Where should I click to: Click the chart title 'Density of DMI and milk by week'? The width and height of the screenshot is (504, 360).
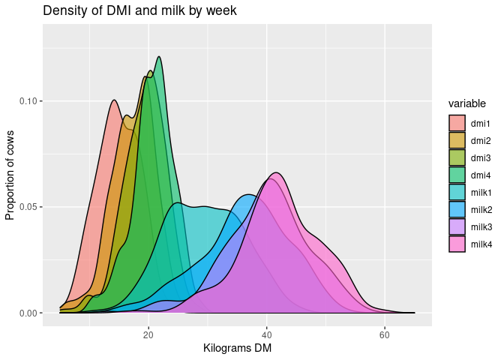coord(140,10)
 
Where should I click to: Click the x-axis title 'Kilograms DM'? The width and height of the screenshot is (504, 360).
coord(237,349)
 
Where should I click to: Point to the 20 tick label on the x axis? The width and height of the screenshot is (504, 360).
coord(148,334)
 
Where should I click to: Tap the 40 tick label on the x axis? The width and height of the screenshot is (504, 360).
coord(266,334)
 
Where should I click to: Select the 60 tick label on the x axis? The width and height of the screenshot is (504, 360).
coord(385,334)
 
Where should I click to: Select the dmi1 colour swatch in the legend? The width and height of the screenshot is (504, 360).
coord(457,123)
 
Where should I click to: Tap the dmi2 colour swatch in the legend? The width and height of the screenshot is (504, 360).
coord(457,140)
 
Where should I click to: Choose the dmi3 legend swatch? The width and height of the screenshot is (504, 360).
coord(457,157)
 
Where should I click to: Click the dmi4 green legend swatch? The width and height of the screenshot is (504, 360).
coord(457,175)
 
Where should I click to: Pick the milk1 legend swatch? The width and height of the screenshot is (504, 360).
coord(457,192)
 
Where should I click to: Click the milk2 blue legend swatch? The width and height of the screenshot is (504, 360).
coord(457,209)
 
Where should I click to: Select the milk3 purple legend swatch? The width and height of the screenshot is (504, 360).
coord(457,226)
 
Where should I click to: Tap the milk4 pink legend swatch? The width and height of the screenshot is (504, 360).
coord(457,244)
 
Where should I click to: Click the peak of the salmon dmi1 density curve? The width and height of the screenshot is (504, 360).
coord(113,100)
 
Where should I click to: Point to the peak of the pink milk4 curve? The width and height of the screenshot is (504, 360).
coord(276,173)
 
